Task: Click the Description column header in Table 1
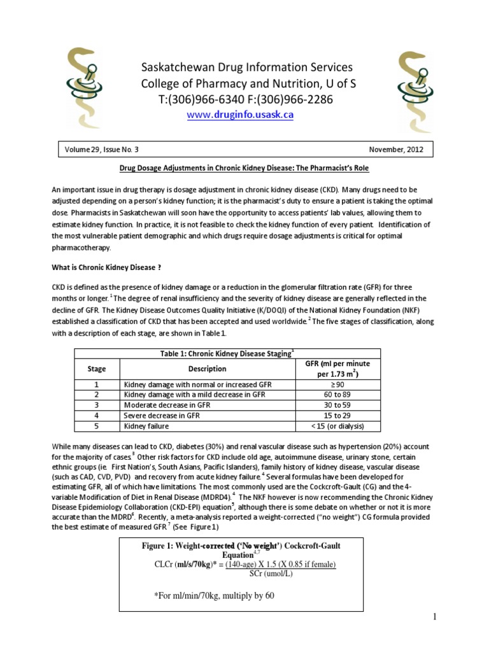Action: [208, 369]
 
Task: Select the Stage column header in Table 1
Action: [96, 369]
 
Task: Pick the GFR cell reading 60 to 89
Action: [338, 395]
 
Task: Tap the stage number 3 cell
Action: [96, 405]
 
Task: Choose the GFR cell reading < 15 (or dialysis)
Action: [338, 426]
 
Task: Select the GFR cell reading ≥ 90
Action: [338, 385]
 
